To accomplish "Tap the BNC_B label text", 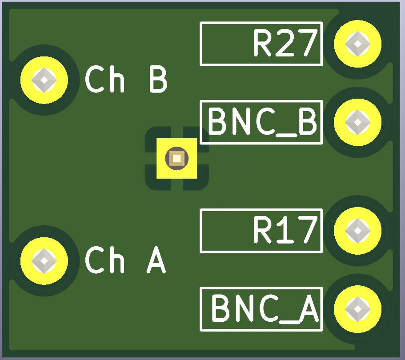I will tap(262, 122).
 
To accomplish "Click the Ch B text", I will tap(126, 80).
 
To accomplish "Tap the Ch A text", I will tap(125, 260).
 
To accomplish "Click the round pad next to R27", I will tap(357, 44).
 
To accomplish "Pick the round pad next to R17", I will tap(357, 230).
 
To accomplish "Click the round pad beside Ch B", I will tap(44, 80).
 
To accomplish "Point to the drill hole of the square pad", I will tap(177, 158).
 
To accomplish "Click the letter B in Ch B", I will tap(158, 80).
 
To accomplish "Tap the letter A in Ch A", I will tap(156, 260).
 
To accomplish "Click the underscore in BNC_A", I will tap(286, 321).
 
